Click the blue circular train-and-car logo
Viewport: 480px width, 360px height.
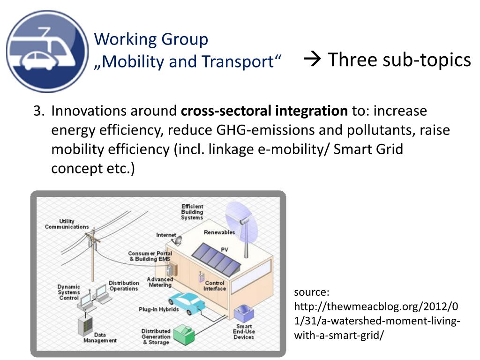click(47, 51)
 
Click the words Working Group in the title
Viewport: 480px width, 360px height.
click(151, 39)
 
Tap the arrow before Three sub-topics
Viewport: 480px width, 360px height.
click(312, 60)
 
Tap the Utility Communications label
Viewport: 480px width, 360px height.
click(67, 224)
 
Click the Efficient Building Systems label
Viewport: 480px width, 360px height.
click(192, 212)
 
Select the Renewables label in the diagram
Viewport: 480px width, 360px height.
click(219, 232)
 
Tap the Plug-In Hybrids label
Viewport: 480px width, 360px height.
click(158, 309)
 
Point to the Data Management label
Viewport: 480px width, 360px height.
click(100, 337)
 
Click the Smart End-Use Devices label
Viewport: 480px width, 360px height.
click(244, 331)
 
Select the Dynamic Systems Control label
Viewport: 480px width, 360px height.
click(69, 292)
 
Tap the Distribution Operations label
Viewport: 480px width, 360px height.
click(124, 285)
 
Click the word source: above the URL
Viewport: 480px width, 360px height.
click(312, 292)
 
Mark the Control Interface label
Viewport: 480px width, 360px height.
click(215, 286)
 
